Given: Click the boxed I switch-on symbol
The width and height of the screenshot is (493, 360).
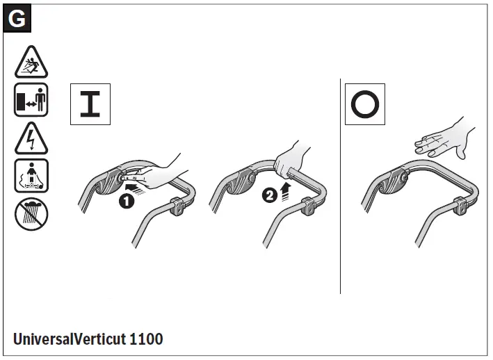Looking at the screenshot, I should (x=90, y=104).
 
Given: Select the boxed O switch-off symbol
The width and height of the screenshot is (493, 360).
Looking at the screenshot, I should (x=365, y=104).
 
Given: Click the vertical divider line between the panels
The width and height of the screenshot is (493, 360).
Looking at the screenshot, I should (x=340, y=188).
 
